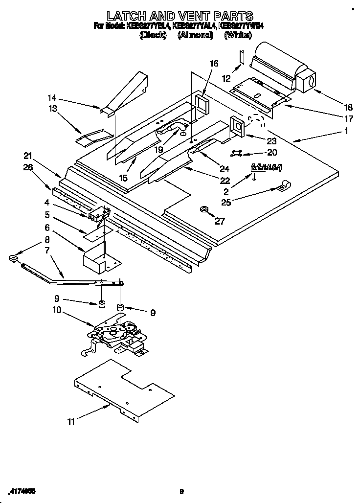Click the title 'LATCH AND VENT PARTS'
pos(180,16)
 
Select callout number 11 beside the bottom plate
pos(71,421)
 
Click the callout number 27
pos(220,221)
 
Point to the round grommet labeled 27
pos(203,211)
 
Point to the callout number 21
pos(28,156)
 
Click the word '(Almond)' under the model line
pos(195,35)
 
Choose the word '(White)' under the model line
pos(239,35)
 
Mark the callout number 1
pos(346,131)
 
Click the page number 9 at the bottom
pos(181,492)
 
